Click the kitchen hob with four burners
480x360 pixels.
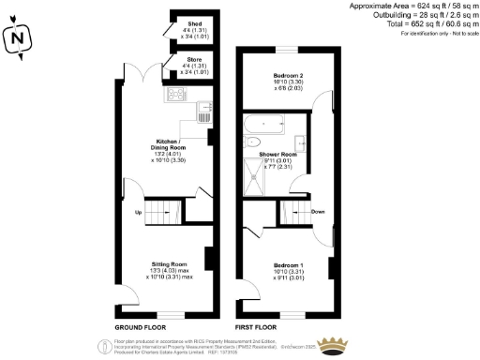click(175, 95)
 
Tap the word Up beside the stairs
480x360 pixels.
click(140, 212)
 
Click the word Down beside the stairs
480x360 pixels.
click(318, 212)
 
